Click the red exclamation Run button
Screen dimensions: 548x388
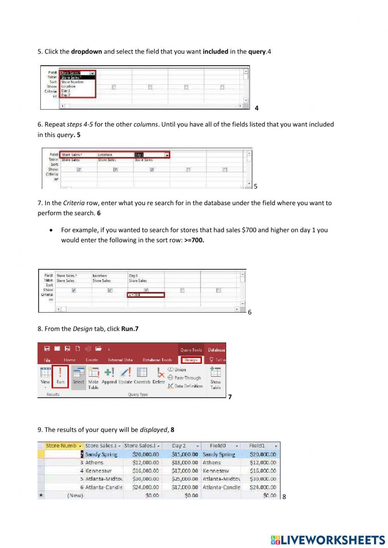point(61,376)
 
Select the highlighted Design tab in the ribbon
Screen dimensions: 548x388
point(191,360)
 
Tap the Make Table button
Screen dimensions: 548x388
point(94,378)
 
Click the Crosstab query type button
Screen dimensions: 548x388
point(142,376)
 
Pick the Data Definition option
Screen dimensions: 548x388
point(185,386)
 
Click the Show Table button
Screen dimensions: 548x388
point(215,378)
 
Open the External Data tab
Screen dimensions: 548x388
point(120,360)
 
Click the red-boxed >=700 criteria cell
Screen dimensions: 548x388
point(146,295)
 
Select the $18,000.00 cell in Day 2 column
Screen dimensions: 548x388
point(185,462)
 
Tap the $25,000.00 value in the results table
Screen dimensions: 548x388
point(185,479)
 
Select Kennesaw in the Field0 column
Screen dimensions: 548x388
point(216,471)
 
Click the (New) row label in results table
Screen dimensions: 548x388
point(75,495)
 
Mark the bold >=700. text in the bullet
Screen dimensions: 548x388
point(194,240)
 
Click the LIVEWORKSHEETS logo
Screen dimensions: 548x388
point(328,540)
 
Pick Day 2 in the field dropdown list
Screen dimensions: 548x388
point(66,95)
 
